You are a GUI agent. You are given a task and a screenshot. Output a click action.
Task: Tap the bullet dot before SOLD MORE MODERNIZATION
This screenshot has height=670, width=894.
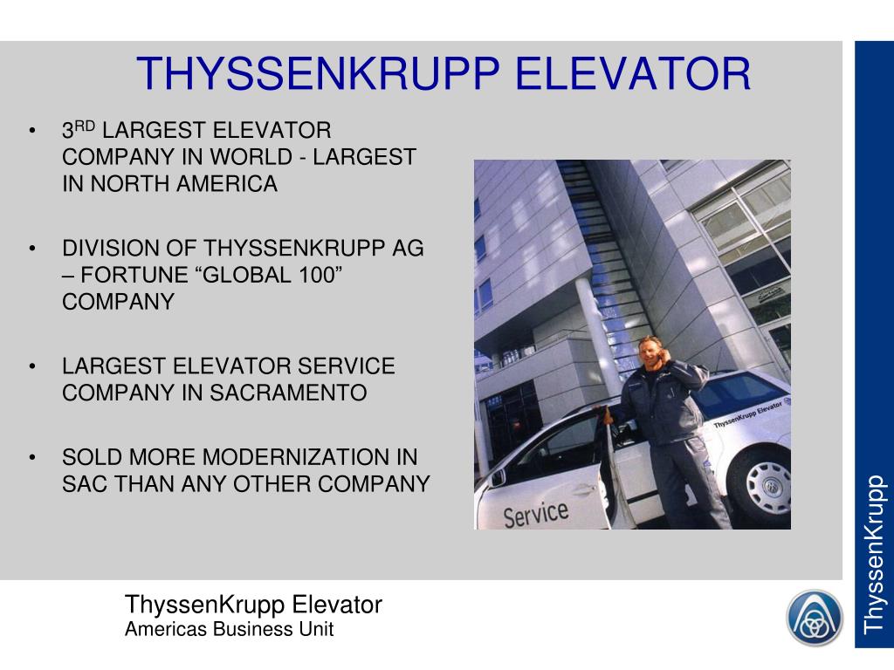pos(32,458)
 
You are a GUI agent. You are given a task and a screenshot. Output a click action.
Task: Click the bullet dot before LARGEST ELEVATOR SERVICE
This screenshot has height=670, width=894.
pos(32,366)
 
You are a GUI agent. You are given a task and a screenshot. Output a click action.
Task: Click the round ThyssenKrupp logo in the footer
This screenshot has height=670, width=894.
pos(815,618)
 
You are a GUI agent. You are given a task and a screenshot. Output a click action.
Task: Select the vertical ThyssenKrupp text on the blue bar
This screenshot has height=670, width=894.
pos(874,553)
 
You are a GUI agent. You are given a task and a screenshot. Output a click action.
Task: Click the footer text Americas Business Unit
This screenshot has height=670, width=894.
pos(229,630)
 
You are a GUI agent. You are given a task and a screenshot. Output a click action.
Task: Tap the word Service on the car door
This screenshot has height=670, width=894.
pos(535,513)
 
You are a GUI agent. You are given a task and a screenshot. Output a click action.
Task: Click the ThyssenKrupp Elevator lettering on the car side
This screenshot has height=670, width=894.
pos(746,414)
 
